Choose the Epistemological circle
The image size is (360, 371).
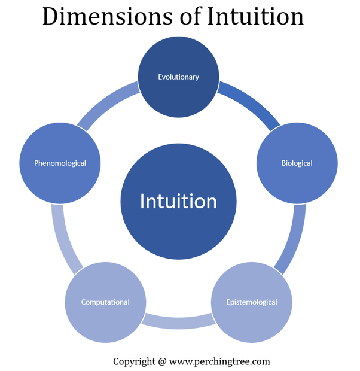click(x=252, y=302)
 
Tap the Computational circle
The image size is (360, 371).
click(x=105, y=302)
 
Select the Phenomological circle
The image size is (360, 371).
click(x=60, y=163)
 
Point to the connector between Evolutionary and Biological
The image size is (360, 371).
click(x=249, y=105)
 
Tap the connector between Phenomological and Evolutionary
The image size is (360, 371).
click(x=108, y=105)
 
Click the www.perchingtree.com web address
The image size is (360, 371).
click(x=219, y=361)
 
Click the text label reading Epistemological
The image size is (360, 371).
click(x=252, y=302)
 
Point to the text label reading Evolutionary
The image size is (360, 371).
click(x=178, y=77)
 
